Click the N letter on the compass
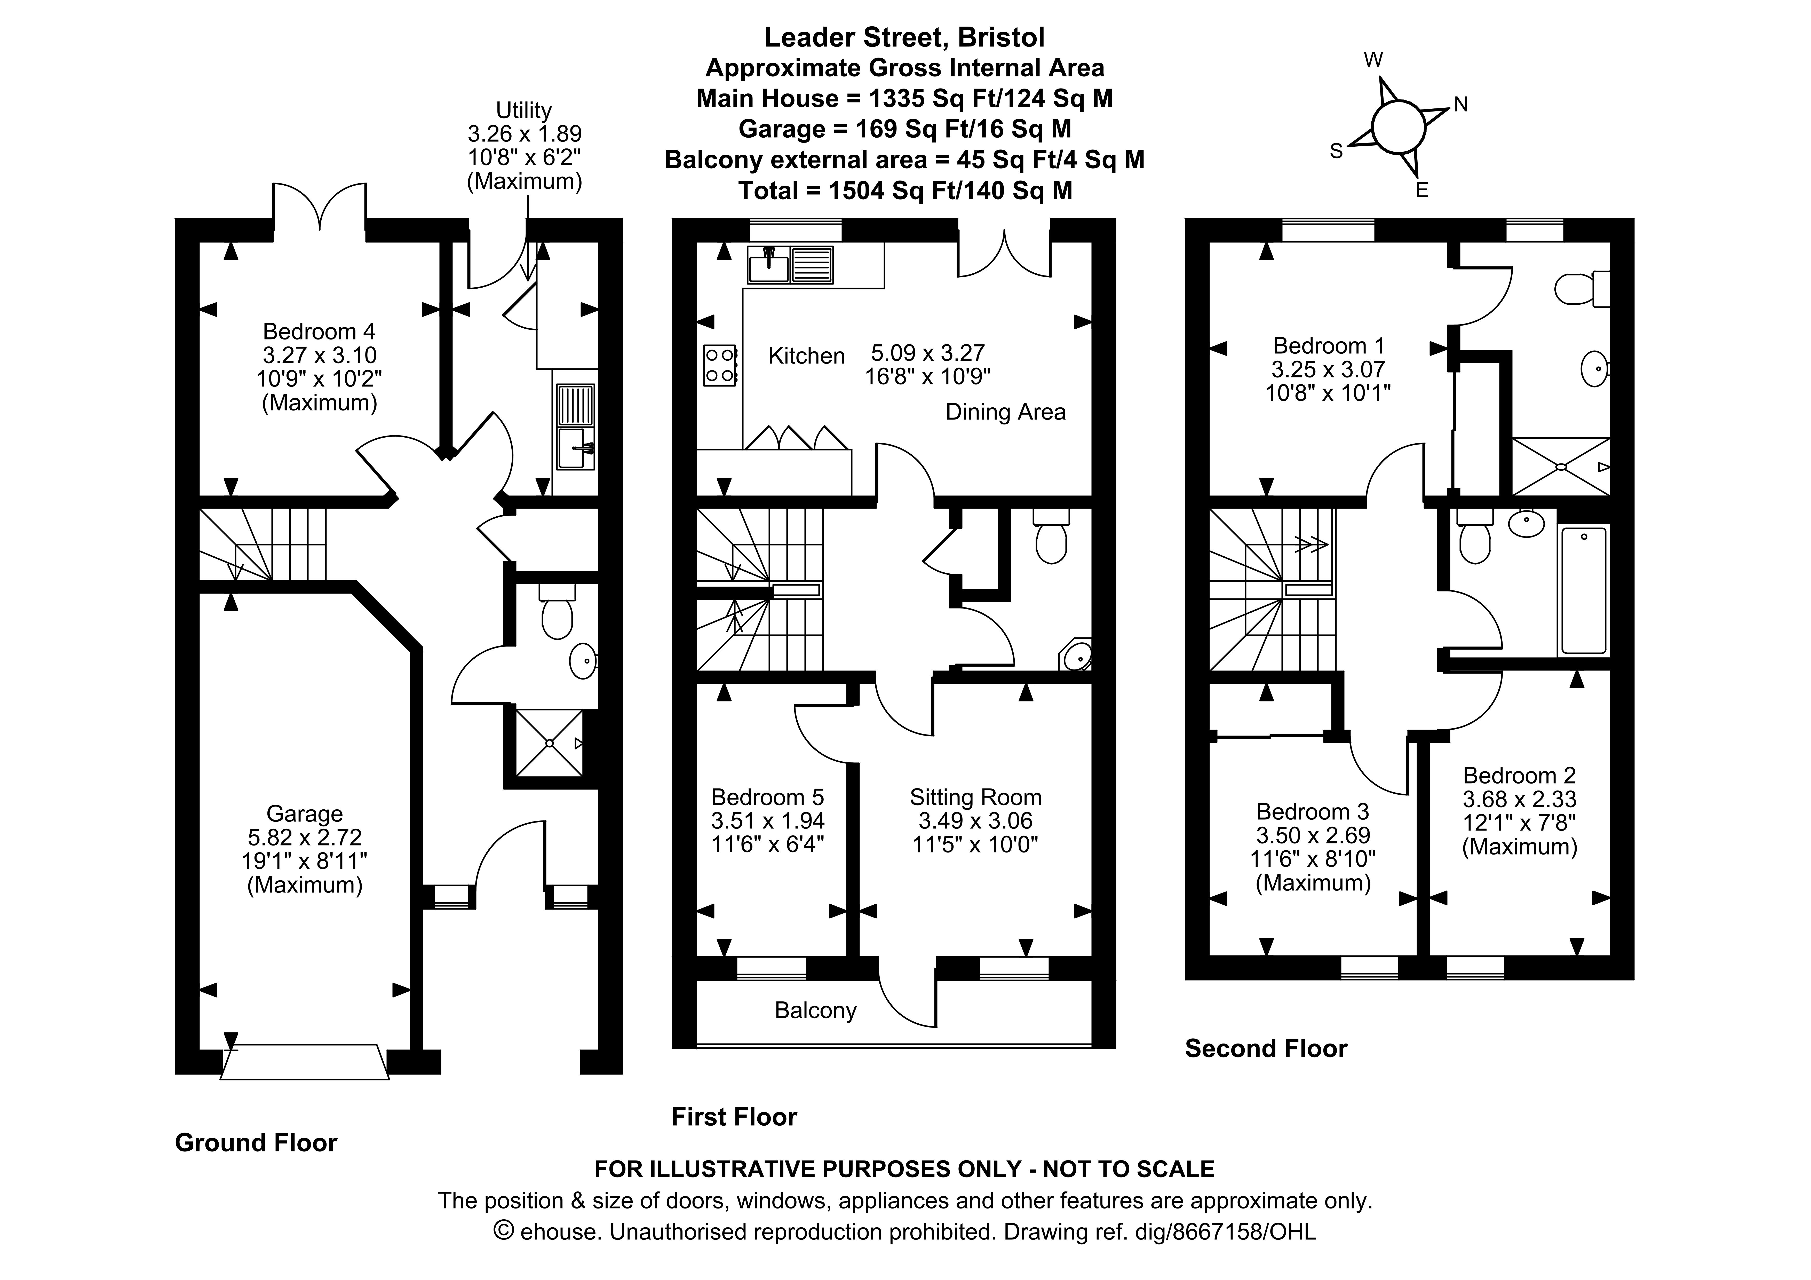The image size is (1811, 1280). coord(1461,105)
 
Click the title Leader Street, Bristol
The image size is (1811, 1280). coord(905,37)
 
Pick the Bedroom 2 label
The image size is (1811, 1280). coord(1519,775)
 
